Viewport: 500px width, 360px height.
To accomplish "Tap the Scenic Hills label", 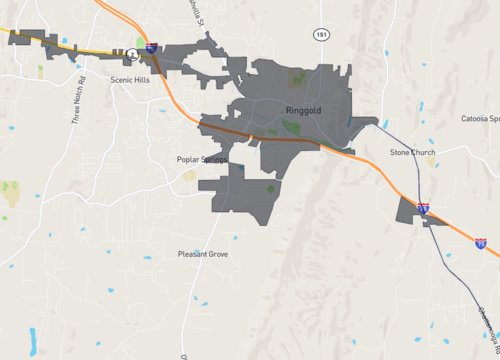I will [130, 82].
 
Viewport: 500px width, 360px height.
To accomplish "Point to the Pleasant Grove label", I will [203, 254].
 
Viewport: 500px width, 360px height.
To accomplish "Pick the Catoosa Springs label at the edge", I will [479, 118].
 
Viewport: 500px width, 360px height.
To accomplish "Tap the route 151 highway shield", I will [319, 34].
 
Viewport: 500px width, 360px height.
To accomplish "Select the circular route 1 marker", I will [132, 53].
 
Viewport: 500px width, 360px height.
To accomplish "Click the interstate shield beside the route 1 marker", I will [150, 46].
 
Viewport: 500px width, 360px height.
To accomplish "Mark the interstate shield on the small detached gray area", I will [423, 208].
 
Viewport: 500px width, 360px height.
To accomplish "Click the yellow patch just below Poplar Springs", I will [189, 175].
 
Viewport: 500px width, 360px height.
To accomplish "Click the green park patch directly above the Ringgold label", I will [299, 78].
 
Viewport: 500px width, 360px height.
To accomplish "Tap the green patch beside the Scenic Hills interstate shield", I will [139, 42].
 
